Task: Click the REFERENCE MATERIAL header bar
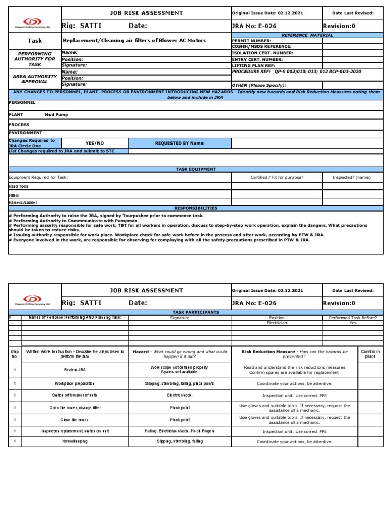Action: (307, 35)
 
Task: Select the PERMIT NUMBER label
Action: (251, 41)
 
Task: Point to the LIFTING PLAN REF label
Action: (254, 65)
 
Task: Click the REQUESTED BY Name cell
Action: (179, 144)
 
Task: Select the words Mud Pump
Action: (56, 115)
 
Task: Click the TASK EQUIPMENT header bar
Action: (195, 169)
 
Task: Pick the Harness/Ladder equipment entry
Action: (23, 203)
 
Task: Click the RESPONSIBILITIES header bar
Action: (195, 208)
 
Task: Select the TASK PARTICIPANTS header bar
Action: (197, 312)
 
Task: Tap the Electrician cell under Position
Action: (277, 323)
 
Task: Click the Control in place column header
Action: (370, 354)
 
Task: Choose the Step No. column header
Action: (15, 354)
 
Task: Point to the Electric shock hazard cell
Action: (180, 395)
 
